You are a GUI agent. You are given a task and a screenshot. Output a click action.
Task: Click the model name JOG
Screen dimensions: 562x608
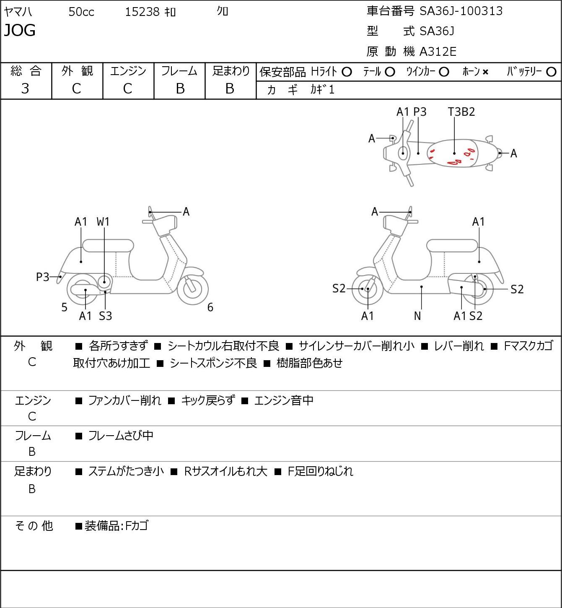(x=20, y=30)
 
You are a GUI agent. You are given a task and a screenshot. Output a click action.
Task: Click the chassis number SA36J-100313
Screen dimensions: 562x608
(x=461, y=11)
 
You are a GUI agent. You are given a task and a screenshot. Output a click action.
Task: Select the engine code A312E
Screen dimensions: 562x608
(x=438, y=52)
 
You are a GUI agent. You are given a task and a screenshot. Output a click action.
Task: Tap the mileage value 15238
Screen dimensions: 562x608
(x=142, y=12)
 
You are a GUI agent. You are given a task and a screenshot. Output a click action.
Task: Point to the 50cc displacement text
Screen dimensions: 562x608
(x=81, y=12)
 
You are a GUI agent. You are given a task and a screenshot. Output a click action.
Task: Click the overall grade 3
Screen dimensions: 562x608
(x=25, y=88)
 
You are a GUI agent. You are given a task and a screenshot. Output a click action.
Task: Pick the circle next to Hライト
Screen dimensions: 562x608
(x=347, y=72)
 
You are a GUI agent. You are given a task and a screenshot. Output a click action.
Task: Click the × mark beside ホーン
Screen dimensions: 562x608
(x=485, y=72)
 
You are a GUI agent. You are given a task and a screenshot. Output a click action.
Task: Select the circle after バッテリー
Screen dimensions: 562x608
(x=551, y=72)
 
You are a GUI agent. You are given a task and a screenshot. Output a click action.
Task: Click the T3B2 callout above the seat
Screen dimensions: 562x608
(x=461, y=112)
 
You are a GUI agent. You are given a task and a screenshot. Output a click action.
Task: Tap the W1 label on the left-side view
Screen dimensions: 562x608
(x=103, y=222)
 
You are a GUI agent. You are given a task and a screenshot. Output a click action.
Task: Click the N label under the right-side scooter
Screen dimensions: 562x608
(x=417, y=316)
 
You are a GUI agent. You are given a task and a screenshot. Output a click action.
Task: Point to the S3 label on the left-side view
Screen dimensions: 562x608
(x=105, y=316)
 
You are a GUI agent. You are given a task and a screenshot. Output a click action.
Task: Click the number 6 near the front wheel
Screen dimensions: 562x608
(x=210, y=307)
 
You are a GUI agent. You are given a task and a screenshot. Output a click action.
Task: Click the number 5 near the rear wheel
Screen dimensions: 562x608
(x=64, y=307)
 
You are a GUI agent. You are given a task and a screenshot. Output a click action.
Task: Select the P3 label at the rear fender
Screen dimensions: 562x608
(x=43, y=277)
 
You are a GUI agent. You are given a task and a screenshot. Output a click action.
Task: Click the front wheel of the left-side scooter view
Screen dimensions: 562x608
(x=193, y=289)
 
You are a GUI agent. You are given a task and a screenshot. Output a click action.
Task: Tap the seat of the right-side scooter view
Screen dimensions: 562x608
(x=452, y=246)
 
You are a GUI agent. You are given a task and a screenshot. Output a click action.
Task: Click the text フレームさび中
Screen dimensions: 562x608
(x=121, y=435)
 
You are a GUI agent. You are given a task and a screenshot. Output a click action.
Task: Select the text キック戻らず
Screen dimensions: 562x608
(x=208, y=400)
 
